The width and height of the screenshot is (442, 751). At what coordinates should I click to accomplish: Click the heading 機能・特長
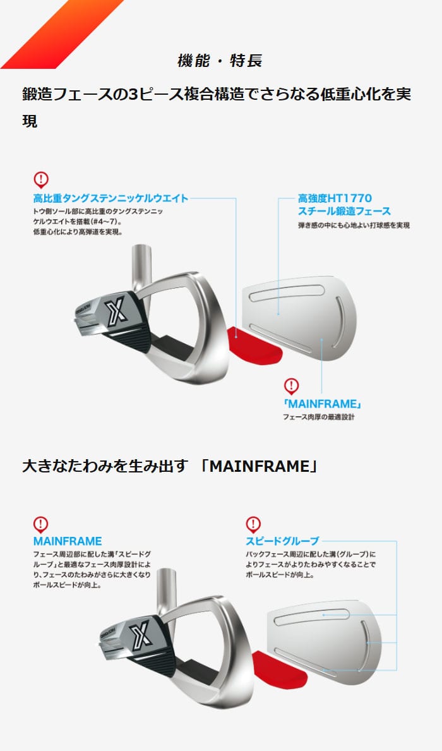pos(220,61)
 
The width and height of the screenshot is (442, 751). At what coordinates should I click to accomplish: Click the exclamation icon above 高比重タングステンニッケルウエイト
pos(41,180)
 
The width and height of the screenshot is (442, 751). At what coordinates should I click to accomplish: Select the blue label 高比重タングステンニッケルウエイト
pos(110,198)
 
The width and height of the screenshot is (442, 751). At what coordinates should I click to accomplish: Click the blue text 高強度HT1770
pos(335,198)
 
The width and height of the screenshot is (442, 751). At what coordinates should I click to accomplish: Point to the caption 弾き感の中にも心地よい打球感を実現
pos(354,225)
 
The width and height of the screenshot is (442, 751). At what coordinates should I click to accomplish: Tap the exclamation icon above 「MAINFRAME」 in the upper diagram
pos(291,386)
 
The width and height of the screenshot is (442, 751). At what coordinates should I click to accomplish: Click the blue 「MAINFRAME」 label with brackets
pos(322,404)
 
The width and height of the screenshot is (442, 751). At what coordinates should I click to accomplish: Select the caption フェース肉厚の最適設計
pos(318,417)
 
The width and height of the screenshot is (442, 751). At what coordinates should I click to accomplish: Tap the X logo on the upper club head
pos(117,309)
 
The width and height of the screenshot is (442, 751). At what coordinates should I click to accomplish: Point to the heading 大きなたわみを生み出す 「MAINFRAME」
pos(170,466)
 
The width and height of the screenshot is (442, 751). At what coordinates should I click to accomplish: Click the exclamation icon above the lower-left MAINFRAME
pos(41,524)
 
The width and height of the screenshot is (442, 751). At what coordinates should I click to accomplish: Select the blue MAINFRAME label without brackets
pos(68,541)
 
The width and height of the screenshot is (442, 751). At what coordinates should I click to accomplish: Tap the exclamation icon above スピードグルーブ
pos(253,524)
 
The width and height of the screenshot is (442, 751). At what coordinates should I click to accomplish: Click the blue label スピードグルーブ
pos(282,541)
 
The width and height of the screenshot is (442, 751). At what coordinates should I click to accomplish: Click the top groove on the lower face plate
pos(312,616)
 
